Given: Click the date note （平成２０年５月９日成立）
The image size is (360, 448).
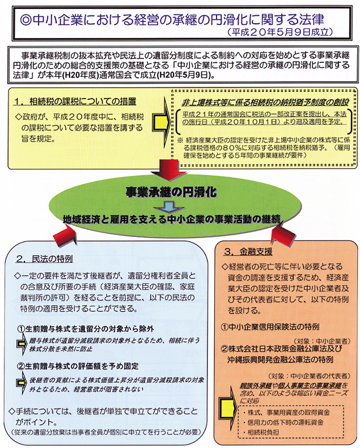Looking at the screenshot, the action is (x=280, y=32).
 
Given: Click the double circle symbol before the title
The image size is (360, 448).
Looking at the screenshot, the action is (x=26, y=19).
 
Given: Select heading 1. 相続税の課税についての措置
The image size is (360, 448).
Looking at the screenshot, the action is (x=75, y=102).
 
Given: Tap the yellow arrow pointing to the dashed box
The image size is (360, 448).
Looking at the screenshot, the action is (x=161, y=122).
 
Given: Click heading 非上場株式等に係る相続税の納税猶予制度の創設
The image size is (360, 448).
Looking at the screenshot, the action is (x=265, y=102).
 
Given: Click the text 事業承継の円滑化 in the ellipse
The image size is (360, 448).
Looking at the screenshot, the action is (x=171, y=192).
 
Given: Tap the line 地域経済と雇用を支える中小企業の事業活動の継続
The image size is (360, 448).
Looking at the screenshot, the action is (x=171, y=219).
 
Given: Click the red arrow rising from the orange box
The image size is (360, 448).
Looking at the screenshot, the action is (x=283, y=234).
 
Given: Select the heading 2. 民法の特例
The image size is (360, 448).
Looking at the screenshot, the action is (x=45, y=259).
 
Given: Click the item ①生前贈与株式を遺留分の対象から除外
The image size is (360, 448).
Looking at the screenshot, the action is (x=86, y=329).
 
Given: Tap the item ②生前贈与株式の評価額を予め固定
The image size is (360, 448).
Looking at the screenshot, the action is (x=78, y=366).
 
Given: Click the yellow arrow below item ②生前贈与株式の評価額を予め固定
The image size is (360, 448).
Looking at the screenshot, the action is (x=21, y=384).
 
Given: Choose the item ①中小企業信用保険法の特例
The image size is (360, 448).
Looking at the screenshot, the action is (x=270, y=327).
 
